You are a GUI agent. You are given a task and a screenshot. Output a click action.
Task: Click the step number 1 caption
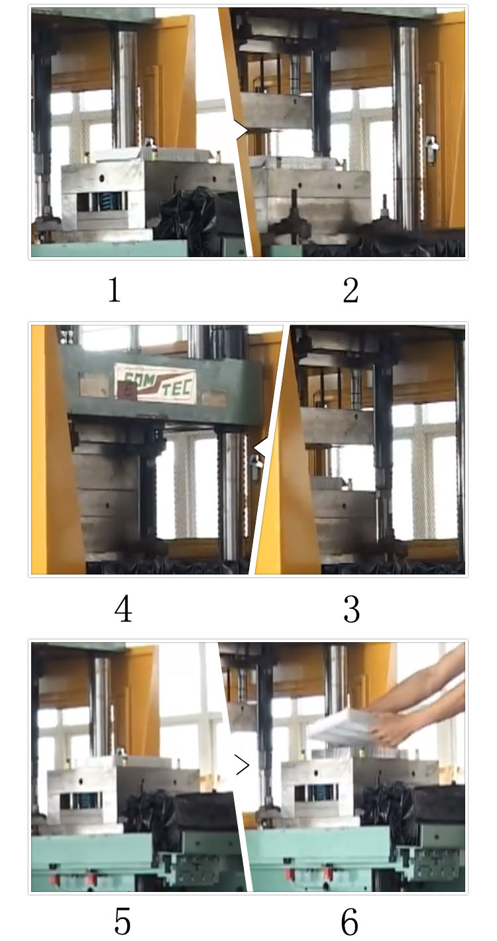coord(115,290)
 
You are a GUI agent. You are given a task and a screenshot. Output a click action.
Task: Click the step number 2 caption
coord(351,290)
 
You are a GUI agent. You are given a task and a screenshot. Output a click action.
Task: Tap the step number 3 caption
coord(351,610)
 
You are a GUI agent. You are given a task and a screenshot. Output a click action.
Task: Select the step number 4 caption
coord(123,610)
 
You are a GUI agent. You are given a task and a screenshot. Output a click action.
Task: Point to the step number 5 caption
coord(123,920)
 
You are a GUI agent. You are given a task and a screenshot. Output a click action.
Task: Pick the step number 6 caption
coord(349,920)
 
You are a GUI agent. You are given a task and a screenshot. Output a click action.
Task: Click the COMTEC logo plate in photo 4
coord(155,383)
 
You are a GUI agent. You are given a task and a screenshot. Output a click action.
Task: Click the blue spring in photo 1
coord(107,201)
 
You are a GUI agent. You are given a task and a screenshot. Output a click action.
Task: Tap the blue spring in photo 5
coord(88,801)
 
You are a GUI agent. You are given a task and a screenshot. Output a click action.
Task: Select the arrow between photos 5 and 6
coord(243,766)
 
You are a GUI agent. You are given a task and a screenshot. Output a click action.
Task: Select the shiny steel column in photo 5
coord(101,702)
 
